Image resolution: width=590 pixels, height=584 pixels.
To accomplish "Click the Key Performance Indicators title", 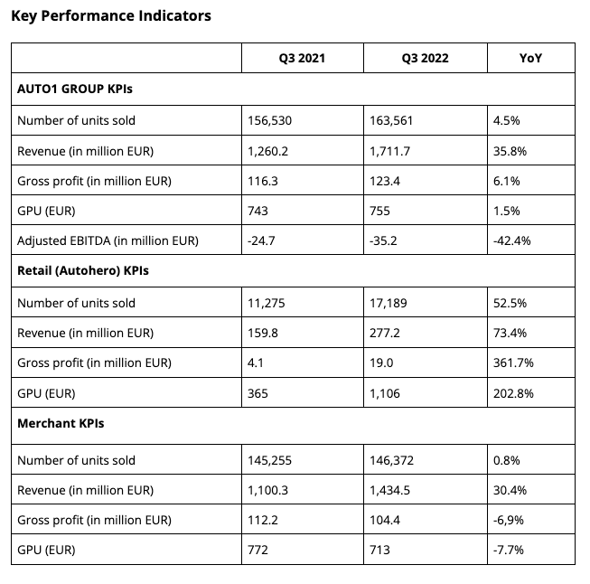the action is (x=111, y=16).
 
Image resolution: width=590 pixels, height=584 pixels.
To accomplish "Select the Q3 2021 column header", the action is (x=302, y=59).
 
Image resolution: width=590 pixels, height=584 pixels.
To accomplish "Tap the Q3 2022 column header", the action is (x=426, y=59).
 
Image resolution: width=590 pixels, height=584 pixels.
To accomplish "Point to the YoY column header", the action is (x=530, y=59).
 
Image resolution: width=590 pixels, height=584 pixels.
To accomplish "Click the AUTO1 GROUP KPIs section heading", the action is (x=75, y=89).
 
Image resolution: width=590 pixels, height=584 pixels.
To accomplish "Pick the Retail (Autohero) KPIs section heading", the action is (x=83, y=270).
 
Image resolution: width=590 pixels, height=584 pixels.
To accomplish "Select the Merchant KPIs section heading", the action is (x=61, y=424).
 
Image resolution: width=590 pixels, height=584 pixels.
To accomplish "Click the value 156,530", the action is (x=269, y=120).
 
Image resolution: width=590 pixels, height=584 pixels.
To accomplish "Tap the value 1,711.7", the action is (x=389, y=151).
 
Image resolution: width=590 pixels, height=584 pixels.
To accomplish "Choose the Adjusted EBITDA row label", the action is (x=108, y=240).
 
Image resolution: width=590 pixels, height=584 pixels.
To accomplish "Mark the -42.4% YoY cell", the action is (x=511, y=240).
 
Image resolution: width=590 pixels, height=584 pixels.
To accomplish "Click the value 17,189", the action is (x=389, y=303).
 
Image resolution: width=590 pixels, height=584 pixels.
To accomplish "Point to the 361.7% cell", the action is (x=513, y=363).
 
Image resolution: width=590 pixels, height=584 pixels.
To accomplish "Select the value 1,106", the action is (x=385, y=394).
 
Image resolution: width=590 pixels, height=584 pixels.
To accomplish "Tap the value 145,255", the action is (x=269, y=460).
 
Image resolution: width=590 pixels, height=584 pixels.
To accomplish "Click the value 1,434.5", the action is (x=389, y=491).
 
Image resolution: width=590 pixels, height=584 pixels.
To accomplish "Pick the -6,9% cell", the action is (x=509, y=521).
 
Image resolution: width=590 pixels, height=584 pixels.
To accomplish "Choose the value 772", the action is (x=258, y=551).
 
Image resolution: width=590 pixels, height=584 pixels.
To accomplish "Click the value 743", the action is (x=258, y=211).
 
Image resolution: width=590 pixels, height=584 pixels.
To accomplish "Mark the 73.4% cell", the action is (x=510, y=334).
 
